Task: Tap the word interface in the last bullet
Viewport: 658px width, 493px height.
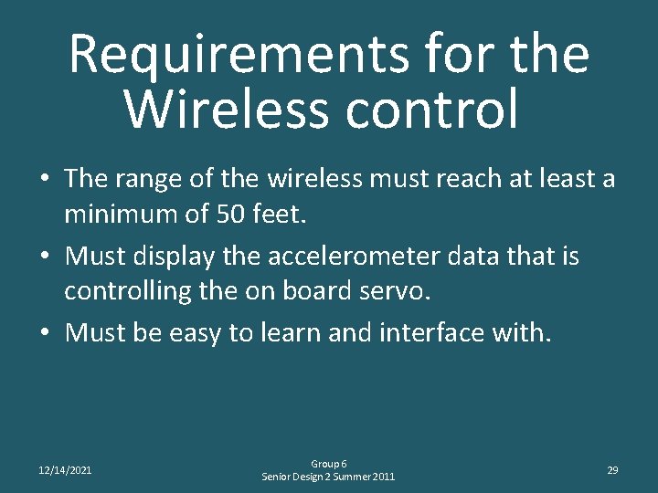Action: [x=426, y=333]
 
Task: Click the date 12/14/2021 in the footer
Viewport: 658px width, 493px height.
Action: [x=65, y=470]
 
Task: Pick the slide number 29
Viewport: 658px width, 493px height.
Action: [x=612, y=470]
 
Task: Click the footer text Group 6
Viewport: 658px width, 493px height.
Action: [x=328, y=464]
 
